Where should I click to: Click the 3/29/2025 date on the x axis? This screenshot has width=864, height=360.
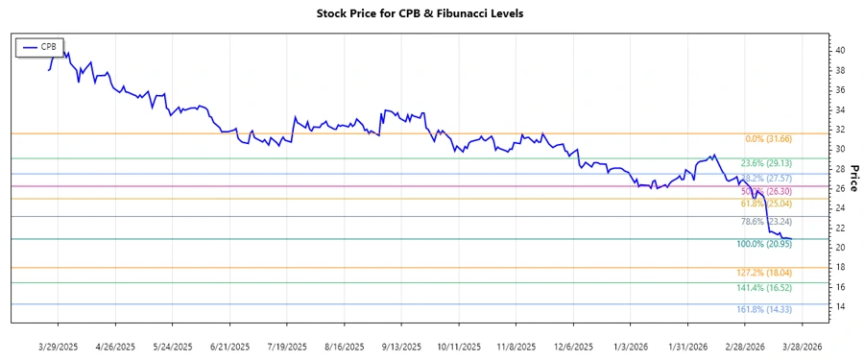point(58,347)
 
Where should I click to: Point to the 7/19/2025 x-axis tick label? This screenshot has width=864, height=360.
point(287,347)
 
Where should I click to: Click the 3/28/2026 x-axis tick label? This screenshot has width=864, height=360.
point(801,347)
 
